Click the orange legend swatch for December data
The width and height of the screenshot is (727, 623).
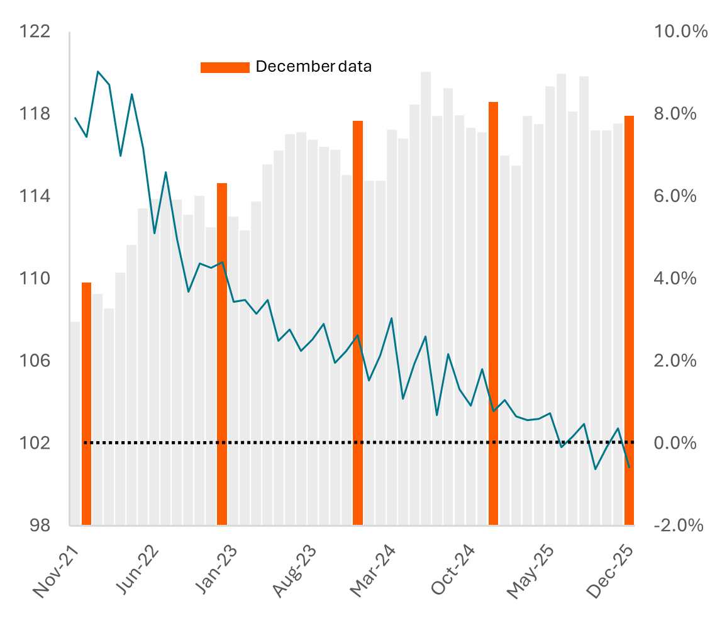pyautogui.click(x=225, y=67)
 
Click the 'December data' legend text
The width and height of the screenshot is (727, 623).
pyautogui.click(x=313, y=67)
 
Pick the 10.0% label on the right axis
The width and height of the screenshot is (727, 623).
pyautogui.click(x=680, y=31)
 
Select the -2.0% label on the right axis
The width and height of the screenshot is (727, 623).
pyautogui.click(x=678, y=525)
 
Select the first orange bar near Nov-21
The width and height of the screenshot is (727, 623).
pyautogui.click(x=87, y=403)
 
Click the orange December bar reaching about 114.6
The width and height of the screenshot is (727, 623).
pyautogui.click(x=222, y=352)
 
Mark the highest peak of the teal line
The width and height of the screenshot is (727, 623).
pyautogui.click(x=98, y=72)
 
